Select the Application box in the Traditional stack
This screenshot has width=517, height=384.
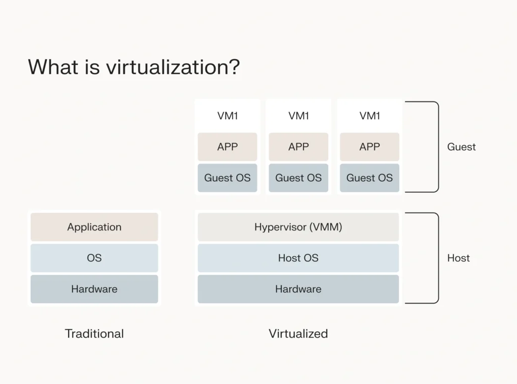pos(94,227)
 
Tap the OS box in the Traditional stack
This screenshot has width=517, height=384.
pos(94,258)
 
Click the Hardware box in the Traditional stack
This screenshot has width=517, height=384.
pos(94,289)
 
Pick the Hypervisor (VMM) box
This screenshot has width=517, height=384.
pos(298,227)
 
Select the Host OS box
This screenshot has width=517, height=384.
pos(298,258)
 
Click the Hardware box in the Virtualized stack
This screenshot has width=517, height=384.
pos(298,289)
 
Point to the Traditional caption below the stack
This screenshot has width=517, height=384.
pos(94,334)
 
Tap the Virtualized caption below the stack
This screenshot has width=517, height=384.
pos(298,334)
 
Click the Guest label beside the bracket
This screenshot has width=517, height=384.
pos(461,147)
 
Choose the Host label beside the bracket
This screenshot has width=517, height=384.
pos(458,258)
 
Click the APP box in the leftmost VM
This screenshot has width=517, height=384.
pos(227,147)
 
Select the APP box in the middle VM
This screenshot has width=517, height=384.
pos(298,147)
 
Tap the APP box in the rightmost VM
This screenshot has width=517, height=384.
pos(370,147)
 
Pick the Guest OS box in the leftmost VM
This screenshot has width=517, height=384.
pos(227,178)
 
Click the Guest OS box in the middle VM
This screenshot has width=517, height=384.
pos(298,178)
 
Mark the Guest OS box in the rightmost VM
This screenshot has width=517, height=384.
pos(370,178)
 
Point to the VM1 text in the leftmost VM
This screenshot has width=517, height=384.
pos(227,116)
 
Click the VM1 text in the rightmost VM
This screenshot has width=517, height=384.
pos(370,116)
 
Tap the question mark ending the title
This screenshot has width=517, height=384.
pos(234,67)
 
